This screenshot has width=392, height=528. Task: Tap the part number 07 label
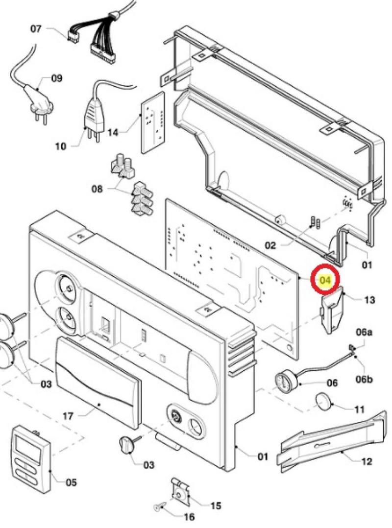36,29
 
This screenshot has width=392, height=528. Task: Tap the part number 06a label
364,333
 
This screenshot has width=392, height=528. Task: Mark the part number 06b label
364,379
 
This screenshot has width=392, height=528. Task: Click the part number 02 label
270,245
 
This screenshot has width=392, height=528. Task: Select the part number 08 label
97,189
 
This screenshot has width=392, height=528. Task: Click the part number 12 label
366,461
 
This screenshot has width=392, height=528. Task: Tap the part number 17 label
68,416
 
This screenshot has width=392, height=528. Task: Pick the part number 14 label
113,132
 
